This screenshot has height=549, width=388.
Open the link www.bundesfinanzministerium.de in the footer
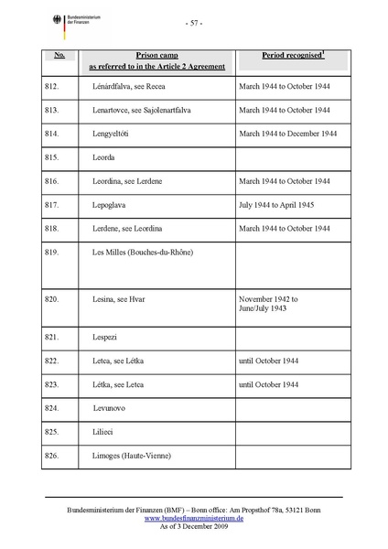pyautogui.click(x=193, y=518)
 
